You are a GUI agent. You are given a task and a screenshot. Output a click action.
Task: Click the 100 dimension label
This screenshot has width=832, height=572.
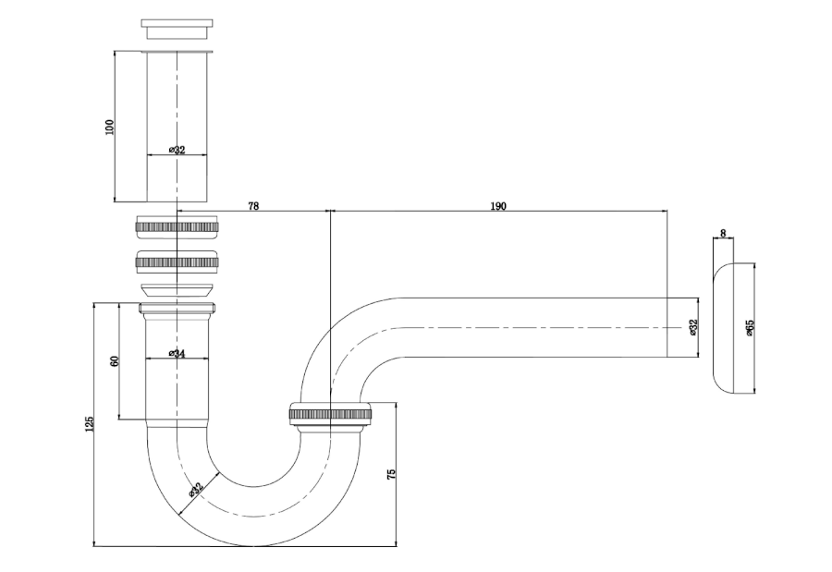click(x=110, y=127)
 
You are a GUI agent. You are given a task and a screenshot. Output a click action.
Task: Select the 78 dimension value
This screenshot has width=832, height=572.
click(x=253, y=206)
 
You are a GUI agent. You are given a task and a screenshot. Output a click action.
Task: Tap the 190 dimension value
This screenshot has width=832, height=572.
click(x=497, y=206)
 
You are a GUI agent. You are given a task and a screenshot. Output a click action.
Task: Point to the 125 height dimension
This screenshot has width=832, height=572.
click(x=89, y=424)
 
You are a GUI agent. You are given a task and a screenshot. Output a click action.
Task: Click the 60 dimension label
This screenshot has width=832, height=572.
click(x=115, y=361)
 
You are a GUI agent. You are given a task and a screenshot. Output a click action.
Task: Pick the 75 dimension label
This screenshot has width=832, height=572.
click(x=392, y=474)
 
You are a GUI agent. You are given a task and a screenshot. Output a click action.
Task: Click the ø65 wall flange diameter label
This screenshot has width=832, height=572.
click(x=749, y=327)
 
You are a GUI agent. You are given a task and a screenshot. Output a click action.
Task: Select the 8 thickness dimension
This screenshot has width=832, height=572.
click(x=723, y=233)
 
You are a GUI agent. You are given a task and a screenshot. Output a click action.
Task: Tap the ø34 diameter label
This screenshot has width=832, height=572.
click(x=177, y=353)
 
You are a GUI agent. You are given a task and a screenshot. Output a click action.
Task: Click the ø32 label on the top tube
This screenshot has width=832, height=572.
click(x=177, y=150)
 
